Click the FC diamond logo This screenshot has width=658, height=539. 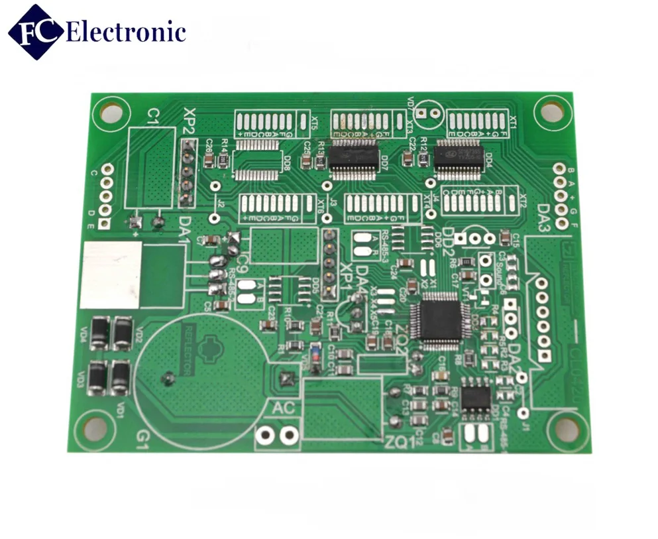pos(36,30)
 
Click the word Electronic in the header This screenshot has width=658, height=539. pos(126,31)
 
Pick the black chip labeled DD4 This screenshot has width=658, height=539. pos(461,158)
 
